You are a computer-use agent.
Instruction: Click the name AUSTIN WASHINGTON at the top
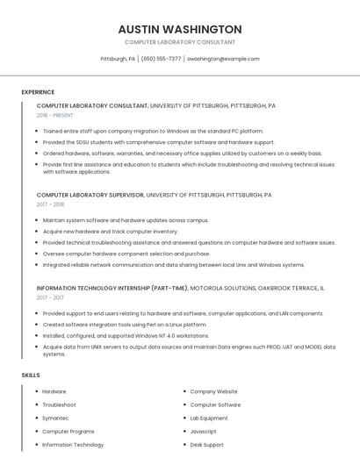point(180,29)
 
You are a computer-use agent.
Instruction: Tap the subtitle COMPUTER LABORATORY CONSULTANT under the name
point(180,42)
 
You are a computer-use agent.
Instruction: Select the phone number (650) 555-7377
point(161,59)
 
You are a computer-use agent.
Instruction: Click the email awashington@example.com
point(223,59)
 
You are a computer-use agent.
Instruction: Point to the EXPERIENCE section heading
point(38,92)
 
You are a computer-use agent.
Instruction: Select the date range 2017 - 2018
point(51,204)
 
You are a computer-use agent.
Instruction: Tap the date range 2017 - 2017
point(51,297)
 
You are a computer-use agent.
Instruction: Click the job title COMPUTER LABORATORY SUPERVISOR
point(90,195)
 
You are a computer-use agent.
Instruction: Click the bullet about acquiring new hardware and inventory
point(110,232)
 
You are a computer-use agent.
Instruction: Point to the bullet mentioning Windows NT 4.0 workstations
point(126,335)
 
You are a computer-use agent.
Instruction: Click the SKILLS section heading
point(31,376)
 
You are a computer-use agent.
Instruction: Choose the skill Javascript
point(204,432)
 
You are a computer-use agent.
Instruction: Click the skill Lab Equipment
point(210,418)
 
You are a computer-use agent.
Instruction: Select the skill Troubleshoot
point(59,405)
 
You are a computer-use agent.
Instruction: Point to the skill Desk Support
point(208,445)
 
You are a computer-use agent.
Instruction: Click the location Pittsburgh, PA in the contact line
point(118,59)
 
